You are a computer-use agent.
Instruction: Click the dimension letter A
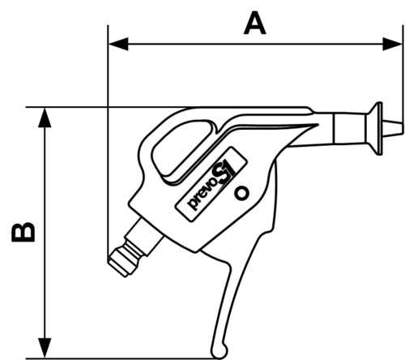tap(254, 23)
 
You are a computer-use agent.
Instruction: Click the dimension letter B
tap(23, 232)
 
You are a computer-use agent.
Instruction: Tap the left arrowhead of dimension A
tap(118, 44)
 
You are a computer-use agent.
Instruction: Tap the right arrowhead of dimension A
tap(393, 44)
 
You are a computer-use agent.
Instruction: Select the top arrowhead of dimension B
tap(45, 118)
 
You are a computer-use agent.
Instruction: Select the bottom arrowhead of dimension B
tap(45, 348)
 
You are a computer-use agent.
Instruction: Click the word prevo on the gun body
tap(203, 195)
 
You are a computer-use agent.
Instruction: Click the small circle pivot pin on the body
tap(241, 193)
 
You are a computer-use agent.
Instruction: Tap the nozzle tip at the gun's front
tap(393, 127)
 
